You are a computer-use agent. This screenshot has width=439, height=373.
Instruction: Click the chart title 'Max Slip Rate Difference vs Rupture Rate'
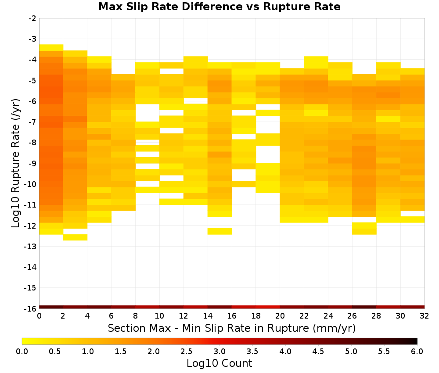tap(219, 7)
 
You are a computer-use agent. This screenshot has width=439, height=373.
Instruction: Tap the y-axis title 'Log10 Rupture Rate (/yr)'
tap(16, 163)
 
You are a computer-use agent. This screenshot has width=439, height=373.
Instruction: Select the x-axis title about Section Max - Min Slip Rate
tap(231, 328)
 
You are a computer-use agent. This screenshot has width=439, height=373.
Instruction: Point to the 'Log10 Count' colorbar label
tap(219, 363)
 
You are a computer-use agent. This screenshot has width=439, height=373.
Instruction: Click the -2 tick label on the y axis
tap(32, 18)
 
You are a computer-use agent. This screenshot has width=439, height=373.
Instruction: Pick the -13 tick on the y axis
tap(30, 247)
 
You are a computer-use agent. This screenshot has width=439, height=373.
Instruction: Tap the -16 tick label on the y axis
tap(30, 308)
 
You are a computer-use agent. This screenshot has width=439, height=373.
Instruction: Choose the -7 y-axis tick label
tap(32, 122)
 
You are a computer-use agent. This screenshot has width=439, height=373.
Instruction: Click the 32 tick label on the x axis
tap(424, 316)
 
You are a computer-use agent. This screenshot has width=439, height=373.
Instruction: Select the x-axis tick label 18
tap(255, 316)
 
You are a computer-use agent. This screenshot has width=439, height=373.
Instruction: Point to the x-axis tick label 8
tap(136, 316)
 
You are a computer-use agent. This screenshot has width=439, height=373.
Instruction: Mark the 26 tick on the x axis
tap(352, 316)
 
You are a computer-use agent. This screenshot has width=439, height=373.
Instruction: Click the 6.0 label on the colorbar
tap(417, 351)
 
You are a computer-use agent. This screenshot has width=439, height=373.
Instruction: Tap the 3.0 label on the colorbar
tap(219, 351)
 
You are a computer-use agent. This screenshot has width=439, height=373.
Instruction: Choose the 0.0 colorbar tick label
tap(22, 351)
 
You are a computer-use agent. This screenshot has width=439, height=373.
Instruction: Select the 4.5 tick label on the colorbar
tap(318, 351)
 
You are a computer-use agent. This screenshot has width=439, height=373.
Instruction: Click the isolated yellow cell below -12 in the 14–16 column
tap(220, 231)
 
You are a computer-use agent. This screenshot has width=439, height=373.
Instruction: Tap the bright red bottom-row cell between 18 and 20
tap(268, 307)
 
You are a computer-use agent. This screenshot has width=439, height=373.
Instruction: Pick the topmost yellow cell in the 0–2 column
tap(51, 47)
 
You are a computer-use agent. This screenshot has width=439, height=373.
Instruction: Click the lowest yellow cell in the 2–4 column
tap(76, 237)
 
